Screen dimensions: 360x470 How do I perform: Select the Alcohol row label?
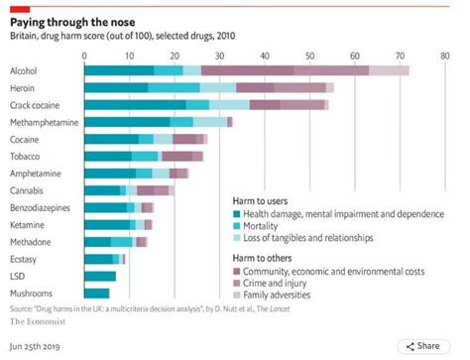(25, 70)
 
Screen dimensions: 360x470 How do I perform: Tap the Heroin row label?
(24, 88)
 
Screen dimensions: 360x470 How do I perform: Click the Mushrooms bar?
(96, 293)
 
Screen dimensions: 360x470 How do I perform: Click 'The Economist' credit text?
(39, 322)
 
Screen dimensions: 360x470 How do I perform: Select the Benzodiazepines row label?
(41, 207)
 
